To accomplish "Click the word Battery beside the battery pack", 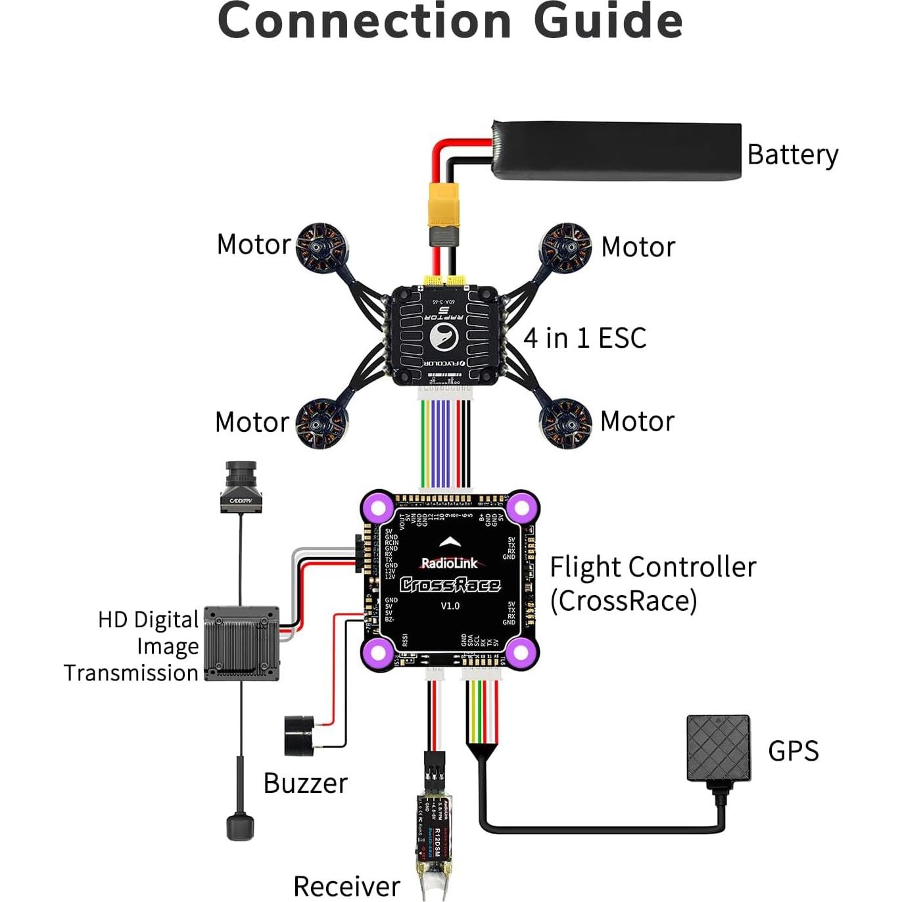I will pos(792,155).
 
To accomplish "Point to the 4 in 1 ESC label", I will pos(584,338).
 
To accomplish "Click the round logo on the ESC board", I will pos(444,337).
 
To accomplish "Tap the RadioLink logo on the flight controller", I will pos(450,563).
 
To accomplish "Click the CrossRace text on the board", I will pos(450,584).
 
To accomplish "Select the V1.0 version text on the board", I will pos(450,605).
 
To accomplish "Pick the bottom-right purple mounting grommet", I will pos(521,652).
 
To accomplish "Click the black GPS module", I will pos(718,748).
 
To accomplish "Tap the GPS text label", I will pos(793,751).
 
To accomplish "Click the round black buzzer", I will pos(298,736).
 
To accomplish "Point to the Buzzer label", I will pos(305,783).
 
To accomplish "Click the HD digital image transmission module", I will pos(241,644).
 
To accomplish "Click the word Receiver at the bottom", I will pos(346,886).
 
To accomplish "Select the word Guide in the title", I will pos(608,21).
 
